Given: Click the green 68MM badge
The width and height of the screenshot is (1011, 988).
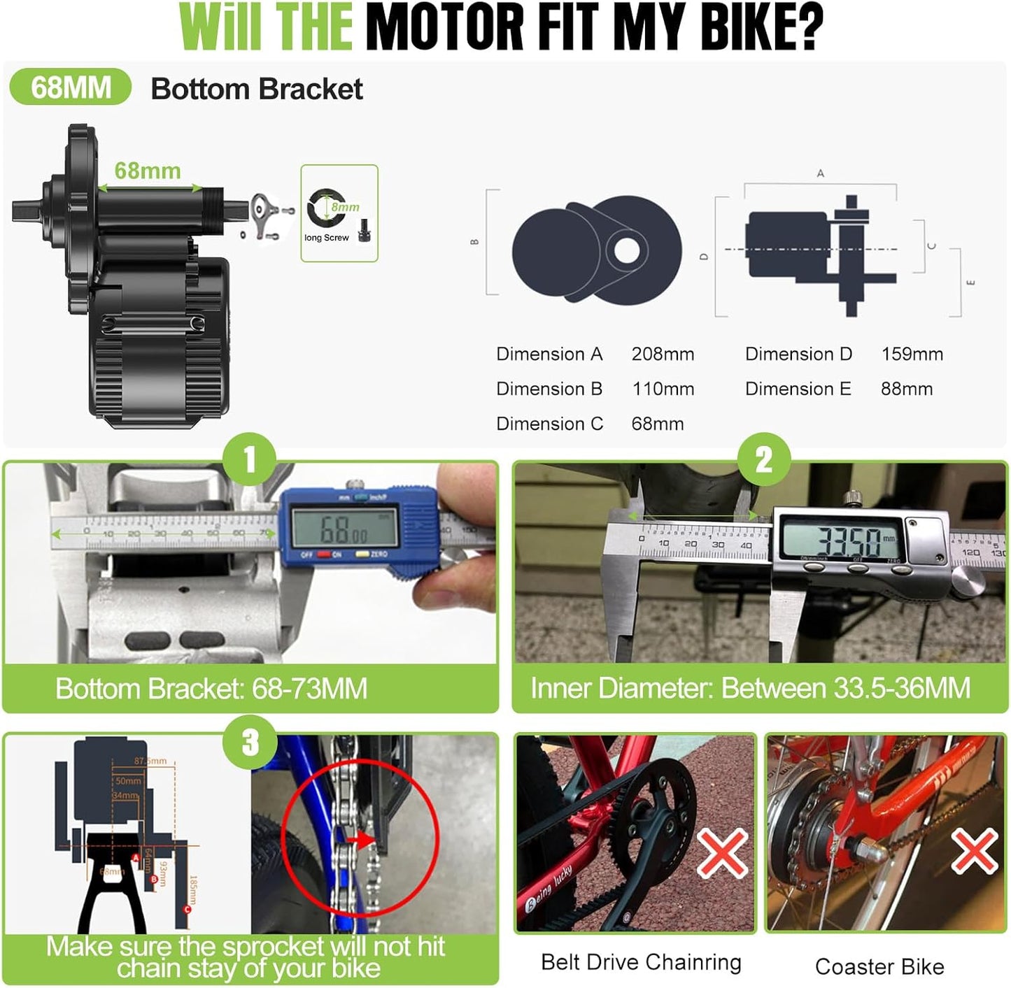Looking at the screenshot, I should click(x=71, y=88).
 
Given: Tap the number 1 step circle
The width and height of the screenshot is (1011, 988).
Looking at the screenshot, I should click(x=249, y=460).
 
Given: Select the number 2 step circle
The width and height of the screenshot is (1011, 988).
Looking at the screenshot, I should click(x=764, y=460).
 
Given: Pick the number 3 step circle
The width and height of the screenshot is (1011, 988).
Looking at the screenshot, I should click(x=250, y=743).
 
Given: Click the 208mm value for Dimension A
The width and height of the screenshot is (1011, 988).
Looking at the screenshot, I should click(x=663, y=354).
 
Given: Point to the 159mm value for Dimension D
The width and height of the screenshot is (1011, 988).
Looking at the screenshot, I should click(x=912, y=354).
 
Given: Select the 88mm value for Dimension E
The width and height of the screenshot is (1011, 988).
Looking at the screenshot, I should click(x=906, y=389).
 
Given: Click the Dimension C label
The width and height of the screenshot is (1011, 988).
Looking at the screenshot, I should click(x=549, y=424).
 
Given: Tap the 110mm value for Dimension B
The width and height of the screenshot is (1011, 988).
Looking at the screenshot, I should click(x=663, y=389).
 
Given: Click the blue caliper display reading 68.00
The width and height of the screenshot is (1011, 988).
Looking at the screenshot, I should click(x=345, y=528).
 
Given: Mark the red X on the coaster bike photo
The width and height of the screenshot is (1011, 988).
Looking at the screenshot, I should click(x=973, y=852).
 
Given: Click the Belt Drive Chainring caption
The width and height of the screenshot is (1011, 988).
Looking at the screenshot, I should click(x=641, y=962).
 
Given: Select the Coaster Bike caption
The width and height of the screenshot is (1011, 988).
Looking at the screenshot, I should click(x=879, y=967).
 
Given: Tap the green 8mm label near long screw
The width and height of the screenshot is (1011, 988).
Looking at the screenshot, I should click(x=346, y=207).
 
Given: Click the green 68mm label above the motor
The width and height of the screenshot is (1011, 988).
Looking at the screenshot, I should click(x=148, y=171).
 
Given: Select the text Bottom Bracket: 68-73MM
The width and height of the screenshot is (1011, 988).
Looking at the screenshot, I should click(x=211, y=689).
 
